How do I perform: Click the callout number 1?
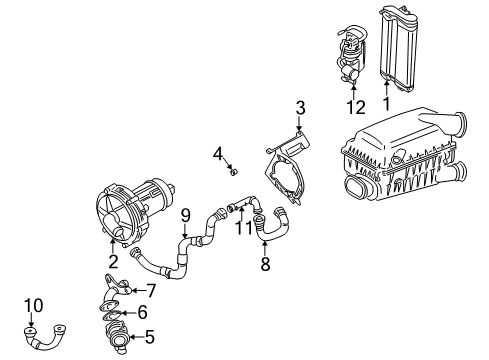click(386, 104)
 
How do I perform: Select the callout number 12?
click(356, 107)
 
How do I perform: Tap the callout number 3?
click(300, 108)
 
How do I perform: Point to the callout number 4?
click(218, 154)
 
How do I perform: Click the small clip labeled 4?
click(234, 172)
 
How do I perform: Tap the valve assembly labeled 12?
click(350, 55)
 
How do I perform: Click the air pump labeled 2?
click(133, 211)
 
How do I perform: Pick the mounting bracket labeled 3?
click(288, 168)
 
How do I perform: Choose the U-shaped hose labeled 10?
click(45, 337)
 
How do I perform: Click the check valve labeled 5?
click(116, 336)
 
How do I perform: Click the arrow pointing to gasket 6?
click(129, 313)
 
